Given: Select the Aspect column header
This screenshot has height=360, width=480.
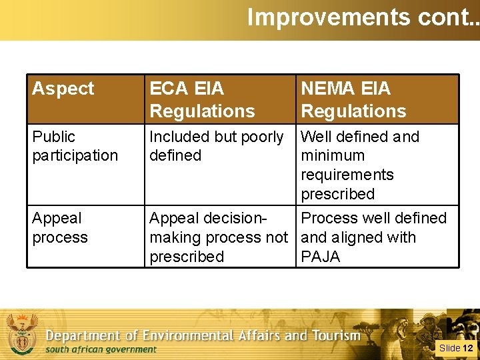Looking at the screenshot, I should tap(63, 89).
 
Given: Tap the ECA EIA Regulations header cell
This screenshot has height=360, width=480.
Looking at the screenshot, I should tap(202, 99).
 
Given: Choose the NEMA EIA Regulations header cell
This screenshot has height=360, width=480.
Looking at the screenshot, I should tap(353, 99).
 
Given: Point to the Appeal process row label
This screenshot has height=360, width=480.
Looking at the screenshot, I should tap(60, 227).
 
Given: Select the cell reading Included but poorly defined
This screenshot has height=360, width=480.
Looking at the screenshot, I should tap(216, 146).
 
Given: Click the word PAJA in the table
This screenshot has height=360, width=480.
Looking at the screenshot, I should tap(321, 257).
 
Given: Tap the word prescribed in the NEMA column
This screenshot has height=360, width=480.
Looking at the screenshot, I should tap(337, 194).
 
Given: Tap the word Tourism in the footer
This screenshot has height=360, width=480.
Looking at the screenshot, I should tap(337, 335).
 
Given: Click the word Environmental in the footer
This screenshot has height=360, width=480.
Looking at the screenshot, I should tap(197, 335).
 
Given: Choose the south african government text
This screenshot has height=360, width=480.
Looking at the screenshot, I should tap(101, 349).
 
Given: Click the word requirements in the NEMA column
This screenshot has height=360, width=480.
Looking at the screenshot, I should tap(347, 175).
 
